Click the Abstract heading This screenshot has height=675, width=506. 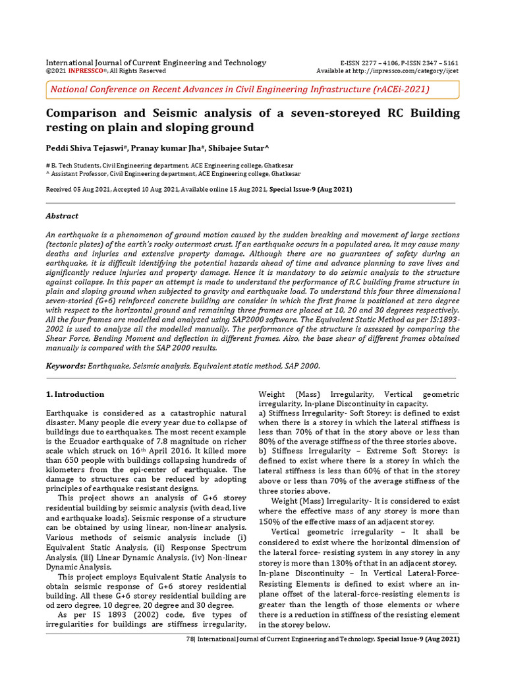click(x=61, y=216)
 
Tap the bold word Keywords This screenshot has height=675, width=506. click(x=65, y=365)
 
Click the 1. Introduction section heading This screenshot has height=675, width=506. click(x=74, y=394)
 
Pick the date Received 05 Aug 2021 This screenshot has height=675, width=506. click(x=78, y=189)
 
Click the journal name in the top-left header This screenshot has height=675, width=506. click(x=155, y=63)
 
